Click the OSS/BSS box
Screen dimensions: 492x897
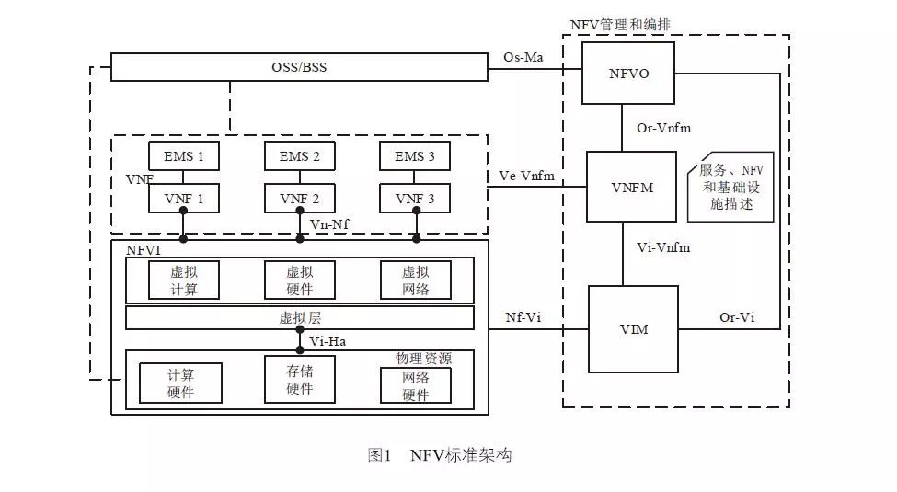[299, 68]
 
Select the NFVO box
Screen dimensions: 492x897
[629, 73]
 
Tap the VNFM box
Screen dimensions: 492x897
[632, 187]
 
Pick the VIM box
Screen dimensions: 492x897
[632, 328]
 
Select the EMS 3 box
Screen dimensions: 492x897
[415, 156]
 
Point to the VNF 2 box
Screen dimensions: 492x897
[299, 198]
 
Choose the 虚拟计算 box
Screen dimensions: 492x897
[183, 280]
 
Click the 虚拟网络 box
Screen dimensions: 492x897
[415, 280]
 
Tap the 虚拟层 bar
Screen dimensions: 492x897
[299, 318]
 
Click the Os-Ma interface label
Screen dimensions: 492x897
[523, 57]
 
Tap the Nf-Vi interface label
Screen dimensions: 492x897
[523, 317]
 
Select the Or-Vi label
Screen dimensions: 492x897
[736, 317]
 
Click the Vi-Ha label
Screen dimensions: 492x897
[328, 341]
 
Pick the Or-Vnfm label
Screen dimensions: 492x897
[663, 128]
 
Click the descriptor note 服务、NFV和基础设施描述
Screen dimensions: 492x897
[731, 187]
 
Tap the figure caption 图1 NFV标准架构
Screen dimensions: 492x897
[439, 454]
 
